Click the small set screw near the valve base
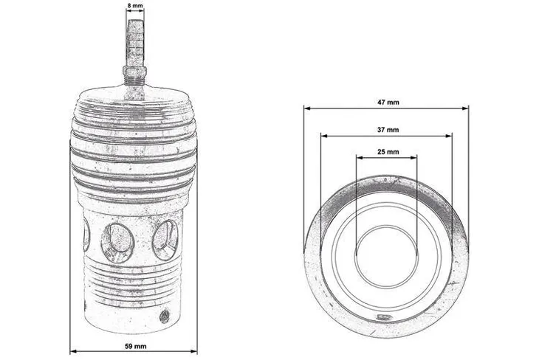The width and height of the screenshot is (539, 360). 164,316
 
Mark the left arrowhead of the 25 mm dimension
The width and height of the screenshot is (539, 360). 357,157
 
